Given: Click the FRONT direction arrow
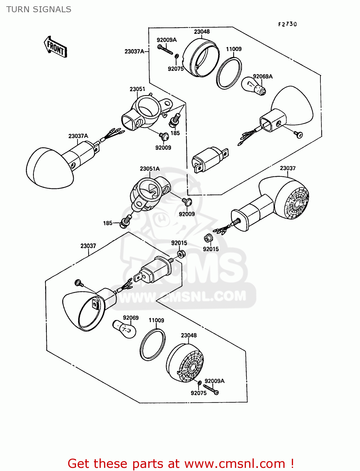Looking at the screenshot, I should pos(56,47).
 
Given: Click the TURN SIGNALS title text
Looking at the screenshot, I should pos(39,9).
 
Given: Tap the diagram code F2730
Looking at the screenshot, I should pos(287,24).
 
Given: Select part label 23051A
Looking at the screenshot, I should pos(150,169).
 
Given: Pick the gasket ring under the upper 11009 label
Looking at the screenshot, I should pos(229,73).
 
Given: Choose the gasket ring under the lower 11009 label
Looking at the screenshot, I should pos(152,344).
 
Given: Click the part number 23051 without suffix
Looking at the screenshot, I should pos(137,89).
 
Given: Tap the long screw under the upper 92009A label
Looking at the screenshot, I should pos(165,50).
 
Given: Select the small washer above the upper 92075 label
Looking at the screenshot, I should pos(177,57).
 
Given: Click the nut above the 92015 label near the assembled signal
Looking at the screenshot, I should pos(208,238).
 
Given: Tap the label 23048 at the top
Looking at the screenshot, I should pos(202,32).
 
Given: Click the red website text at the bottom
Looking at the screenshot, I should pos(181,463).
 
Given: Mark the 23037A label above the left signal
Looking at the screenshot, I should pos(78,136).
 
